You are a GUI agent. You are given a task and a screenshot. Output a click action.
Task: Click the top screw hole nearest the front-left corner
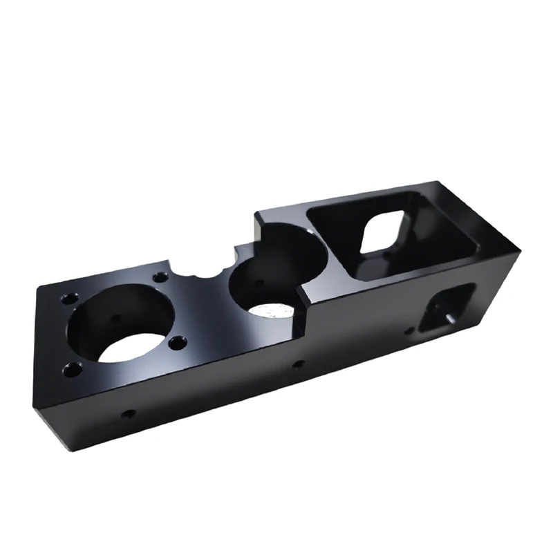[x=71, y=370]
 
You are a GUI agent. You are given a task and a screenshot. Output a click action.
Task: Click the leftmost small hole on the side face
[x=129, y=414]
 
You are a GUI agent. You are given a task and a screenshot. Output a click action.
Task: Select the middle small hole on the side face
[x=297, y=364]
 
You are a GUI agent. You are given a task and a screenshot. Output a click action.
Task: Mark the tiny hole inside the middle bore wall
[x=259, y=281]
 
